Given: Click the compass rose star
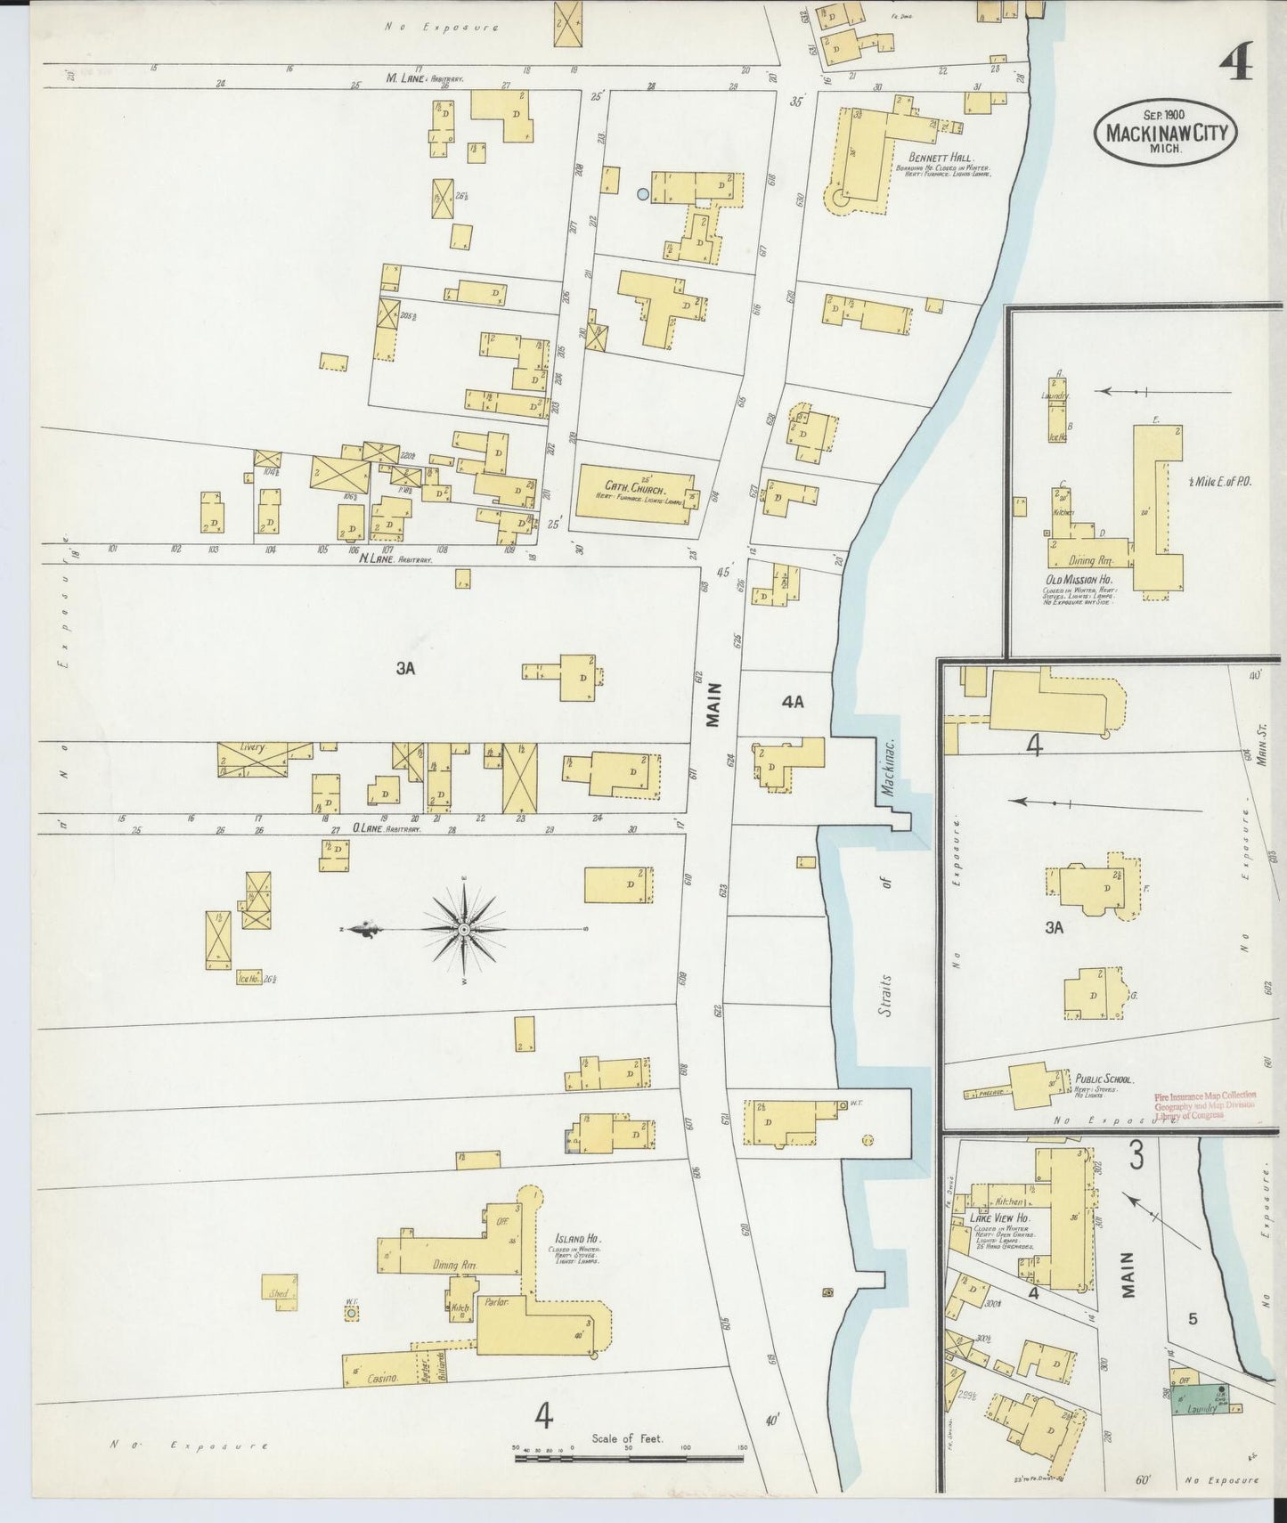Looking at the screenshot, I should (x=464, y=930).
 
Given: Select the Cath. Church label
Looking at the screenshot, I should (x=627, y=486).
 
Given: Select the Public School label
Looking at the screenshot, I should (x=1104, y=1079).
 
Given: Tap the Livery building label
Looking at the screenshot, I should (x=253, y=748).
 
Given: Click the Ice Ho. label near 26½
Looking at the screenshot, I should (x=247, y=976).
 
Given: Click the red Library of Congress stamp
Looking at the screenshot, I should (x=1205, y=1104).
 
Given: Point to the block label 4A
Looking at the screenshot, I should (x=792, y=702).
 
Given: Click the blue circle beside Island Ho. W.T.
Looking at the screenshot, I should (x=351, y=1314).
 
